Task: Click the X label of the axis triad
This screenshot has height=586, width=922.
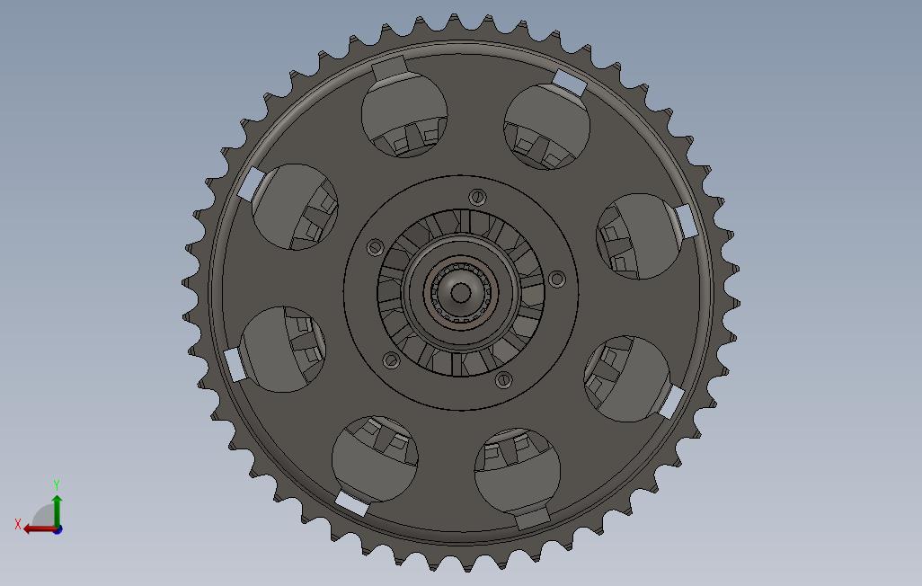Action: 18,524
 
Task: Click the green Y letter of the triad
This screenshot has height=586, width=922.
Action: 57,484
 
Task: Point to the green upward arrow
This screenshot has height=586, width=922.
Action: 57,511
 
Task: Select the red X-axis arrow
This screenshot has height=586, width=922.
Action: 40,529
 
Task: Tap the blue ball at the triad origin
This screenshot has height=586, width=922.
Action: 58,529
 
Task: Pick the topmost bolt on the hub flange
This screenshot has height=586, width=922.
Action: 477,197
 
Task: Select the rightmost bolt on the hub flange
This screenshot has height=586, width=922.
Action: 556,279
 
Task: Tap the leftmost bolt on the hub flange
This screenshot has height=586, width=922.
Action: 375,248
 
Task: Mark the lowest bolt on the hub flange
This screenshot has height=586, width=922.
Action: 503,379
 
